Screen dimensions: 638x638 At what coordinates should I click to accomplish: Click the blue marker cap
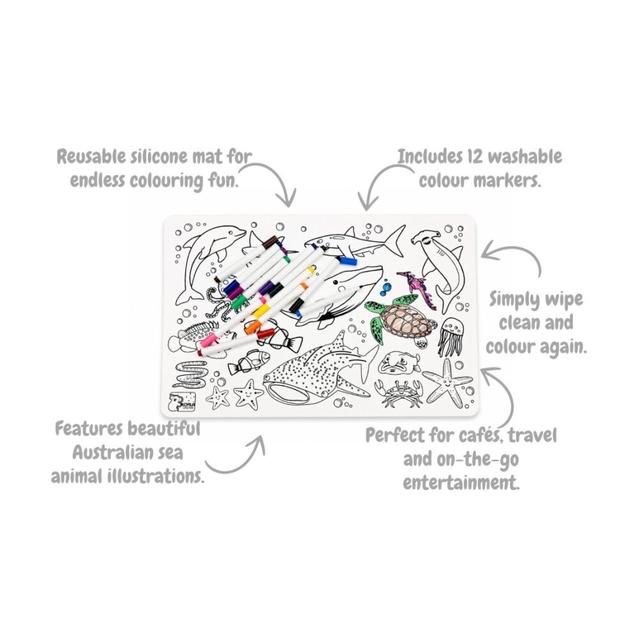348,260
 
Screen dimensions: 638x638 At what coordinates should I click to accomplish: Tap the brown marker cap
269,243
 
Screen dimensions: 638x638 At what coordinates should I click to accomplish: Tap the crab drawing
399,392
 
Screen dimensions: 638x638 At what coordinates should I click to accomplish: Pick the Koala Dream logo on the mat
182,401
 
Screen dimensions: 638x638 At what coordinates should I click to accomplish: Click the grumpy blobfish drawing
399,362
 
